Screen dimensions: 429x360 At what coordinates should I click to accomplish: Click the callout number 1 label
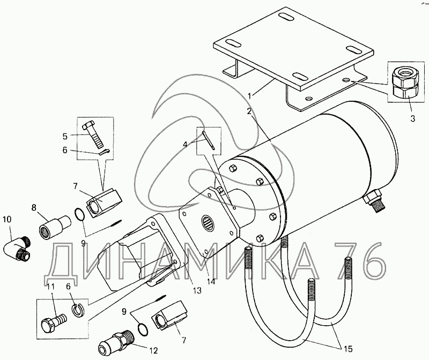click(249, 96)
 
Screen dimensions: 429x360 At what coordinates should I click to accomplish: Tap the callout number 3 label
click(412, 118)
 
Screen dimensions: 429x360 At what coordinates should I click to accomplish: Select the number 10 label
click(8, 219)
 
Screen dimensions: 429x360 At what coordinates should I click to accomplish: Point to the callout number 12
click(154, 350)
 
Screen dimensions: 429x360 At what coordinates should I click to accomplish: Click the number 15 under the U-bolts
click(347, 349)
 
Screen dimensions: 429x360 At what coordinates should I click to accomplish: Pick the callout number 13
click(197, 290)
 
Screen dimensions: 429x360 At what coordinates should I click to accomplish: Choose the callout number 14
click(211, 281)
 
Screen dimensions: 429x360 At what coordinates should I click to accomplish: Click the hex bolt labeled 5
click(93, 134)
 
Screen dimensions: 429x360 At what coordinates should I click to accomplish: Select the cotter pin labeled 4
click(209, 140)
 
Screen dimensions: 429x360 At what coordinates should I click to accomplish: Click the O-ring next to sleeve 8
click(79, 214)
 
